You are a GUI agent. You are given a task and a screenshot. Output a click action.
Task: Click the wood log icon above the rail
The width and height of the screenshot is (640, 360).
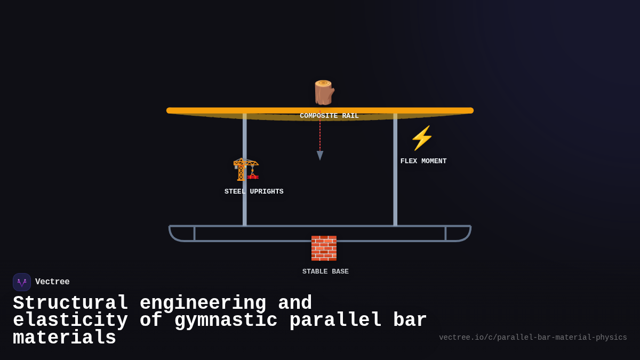(323, 92)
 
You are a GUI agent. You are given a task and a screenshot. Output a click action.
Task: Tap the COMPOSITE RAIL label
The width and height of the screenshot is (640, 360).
(329, 116)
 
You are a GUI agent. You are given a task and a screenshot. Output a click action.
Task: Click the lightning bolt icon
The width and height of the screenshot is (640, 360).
(422, 138)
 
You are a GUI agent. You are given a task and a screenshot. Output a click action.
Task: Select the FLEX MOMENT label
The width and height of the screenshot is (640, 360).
(423, 161)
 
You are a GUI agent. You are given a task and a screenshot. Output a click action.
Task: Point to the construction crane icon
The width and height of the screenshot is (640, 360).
(246, 170)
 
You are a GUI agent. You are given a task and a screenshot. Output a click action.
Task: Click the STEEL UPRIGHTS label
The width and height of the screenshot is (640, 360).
(254, 191)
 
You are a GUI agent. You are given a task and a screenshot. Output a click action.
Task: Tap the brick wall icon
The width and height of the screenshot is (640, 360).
(324, 248)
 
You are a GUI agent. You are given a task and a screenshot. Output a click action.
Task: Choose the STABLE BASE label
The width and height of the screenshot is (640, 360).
(325, 271)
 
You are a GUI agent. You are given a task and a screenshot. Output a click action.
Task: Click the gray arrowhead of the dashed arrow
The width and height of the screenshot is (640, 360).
(320, 155)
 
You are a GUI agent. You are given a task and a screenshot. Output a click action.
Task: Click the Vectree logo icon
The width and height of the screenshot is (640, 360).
(22, 282)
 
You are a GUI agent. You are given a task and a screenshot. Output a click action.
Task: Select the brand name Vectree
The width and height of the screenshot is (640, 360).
(52, 282)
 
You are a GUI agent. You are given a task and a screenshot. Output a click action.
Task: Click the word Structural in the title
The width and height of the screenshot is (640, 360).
(70, 303)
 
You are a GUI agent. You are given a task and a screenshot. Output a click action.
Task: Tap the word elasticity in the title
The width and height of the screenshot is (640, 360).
(70, 321)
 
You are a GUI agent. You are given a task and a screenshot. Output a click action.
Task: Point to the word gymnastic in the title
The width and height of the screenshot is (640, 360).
(226, 321)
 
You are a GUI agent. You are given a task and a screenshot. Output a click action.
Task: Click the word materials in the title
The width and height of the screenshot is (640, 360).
(65, 338)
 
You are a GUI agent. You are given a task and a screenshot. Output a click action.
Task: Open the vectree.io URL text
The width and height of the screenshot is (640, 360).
(533, 338)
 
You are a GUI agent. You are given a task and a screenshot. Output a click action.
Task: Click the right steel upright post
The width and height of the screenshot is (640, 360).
(395, 171)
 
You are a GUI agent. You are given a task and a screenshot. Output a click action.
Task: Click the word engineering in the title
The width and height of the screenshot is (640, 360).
(203, 303)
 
